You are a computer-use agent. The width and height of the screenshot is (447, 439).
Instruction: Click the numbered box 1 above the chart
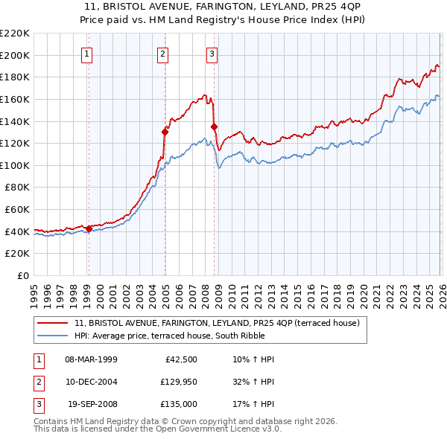pyautogui.click(x=87, y=53)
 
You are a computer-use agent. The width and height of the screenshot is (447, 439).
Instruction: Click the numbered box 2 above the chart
pyautogui.click(x=162, y=53)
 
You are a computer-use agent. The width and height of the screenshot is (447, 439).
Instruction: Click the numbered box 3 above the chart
pyautogui.click(x=212, y=53)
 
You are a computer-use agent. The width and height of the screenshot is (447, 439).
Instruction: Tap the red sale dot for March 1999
pyautogui.click(x=89, y=228)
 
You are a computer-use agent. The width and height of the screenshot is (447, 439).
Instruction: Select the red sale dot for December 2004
pyautogui.click(x=165, y=132)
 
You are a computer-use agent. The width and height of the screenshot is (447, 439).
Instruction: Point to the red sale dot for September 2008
pyautogui.click(x=214, y=126)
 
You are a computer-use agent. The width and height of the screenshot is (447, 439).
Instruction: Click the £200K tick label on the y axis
pyautogui.click(x=15, y=55)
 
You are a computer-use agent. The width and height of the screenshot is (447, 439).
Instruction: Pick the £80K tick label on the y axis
pyautogui.click(x=17, y=188)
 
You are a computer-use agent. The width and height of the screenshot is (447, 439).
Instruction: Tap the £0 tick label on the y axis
pyautogui.click(x=22, y=276)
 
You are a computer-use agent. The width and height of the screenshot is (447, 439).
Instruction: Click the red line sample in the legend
pyautogui.click(x=53, y=323)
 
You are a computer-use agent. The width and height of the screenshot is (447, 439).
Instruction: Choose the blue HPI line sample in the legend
pyautogui.click(x=53, y=336)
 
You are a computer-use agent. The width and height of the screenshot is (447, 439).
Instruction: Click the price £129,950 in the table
pyautogui.click(x=176, y=381)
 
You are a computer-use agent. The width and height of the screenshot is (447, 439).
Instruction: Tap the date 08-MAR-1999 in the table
pyautogui.click(x=91, y=359)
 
